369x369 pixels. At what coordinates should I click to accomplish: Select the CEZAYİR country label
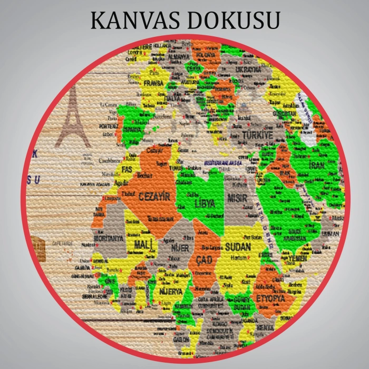(156, 197)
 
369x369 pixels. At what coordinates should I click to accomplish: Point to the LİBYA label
(205, 203)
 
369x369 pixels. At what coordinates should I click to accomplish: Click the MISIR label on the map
(237, 198)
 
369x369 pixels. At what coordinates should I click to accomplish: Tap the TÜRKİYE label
(258, 135)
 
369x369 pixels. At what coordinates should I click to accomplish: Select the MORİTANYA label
(108, 238)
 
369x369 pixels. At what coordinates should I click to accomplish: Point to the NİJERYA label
(171, 291)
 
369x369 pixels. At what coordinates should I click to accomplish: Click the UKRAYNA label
(248, 69)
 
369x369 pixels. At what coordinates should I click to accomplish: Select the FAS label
(127, 169)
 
